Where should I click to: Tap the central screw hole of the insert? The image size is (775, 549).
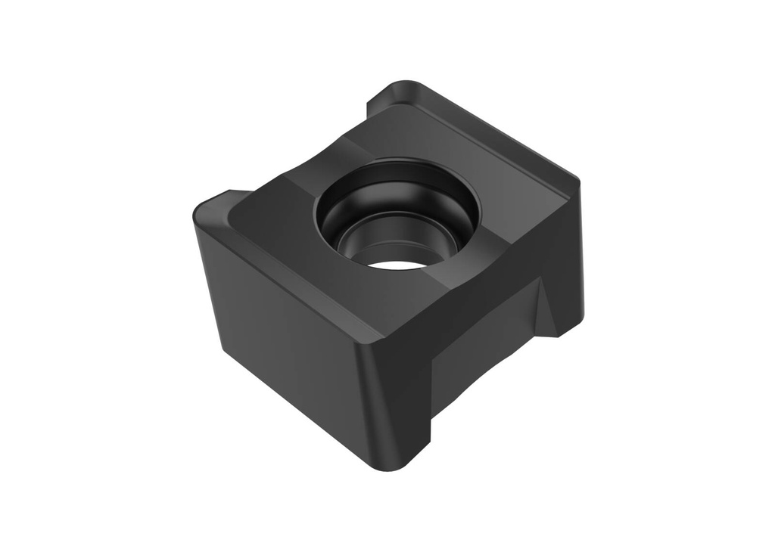(397, 219)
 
